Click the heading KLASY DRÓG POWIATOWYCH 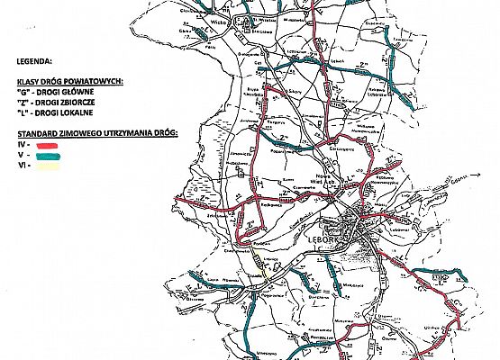(68, 81)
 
